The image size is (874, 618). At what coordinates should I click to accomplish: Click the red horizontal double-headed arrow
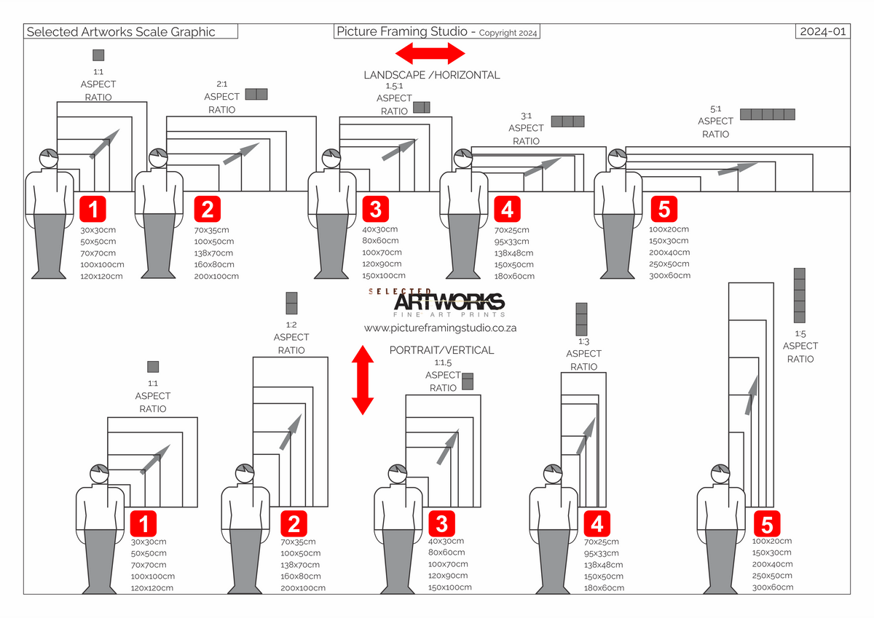tap(430, 53)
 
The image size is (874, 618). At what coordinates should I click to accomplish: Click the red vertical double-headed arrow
tap(362, 380)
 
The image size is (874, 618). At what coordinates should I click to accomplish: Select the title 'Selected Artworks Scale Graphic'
tap(121, 31)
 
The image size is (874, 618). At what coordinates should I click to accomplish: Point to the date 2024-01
tap(824, 31)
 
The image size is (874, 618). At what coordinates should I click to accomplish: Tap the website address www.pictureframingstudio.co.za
tap(440, 328)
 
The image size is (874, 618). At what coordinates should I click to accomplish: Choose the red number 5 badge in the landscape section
tap(664, 209)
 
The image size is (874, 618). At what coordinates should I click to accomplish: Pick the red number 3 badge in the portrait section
tap(441, 523)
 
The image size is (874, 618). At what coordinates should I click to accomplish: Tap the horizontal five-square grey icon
tap(767, 114)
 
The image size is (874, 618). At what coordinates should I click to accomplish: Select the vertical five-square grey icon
tap(800, 296)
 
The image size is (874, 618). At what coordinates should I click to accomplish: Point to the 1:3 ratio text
tap(583, 341)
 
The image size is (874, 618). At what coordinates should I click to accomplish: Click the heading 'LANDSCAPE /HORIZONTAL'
tap(432, 75)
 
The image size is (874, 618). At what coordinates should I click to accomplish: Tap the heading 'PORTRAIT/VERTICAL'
tap(441, 350)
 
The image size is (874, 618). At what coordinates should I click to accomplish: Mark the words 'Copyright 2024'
tap(509, 33)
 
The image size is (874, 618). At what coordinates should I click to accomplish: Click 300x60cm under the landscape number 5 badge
tap(669, 276)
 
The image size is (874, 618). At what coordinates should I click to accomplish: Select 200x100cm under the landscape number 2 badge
tap(216, 277)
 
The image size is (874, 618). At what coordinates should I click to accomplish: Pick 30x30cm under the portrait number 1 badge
tap(149, 542)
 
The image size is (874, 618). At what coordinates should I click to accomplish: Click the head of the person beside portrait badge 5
tap(720, 475)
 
